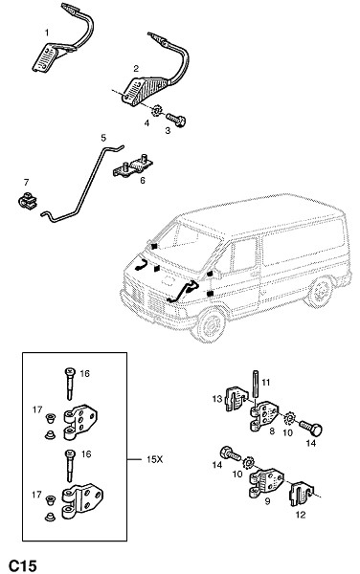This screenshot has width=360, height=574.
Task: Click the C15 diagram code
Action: tap(23, 565)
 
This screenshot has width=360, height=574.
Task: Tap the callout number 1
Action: tap(47, 33)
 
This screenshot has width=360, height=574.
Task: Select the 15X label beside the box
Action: tap(154, 459)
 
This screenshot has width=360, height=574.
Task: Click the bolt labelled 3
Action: tap(176, 120)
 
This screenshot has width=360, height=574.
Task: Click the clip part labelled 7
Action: tap(27, 202)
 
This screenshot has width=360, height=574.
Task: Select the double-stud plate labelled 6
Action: tap(133, 166)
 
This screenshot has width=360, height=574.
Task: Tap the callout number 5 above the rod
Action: tap(103, 138)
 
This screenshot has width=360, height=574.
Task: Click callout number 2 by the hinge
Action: tap(136, 69)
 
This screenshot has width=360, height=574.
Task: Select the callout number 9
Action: tap(267, 501)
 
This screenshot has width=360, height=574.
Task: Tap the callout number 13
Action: tap(217, 398)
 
